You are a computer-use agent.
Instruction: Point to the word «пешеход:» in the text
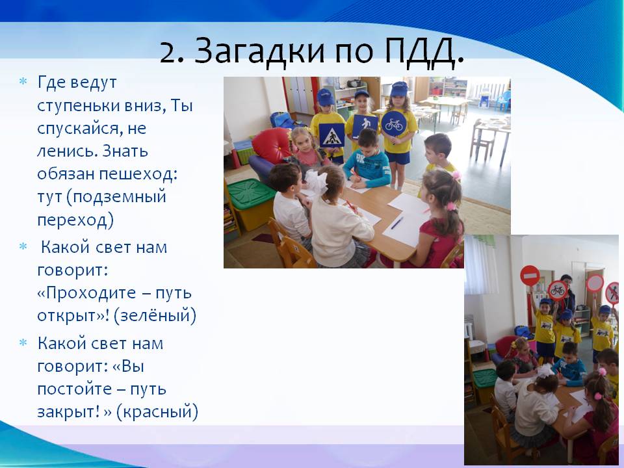point(138,175)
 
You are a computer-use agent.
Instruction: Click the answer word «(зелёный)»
point(155,315)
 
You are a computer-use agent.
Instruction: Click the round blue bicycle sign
point(393,123)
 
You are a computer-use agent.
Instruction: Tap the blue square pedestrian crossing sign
point(331,136)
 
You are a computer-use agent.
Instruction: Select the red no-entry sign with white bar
point(530,276)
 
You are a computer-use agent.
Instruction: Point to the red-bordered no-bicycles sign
point(557,291)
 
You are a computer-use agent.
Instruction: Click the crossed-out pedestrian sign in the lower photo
point(613,292)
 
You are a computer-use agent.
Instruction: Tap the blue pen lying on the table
point(396,222)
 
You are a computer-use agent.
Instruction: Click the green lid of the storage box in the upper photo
point(251,193)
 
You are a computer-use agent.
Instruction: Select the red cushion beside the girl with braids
point(273,145)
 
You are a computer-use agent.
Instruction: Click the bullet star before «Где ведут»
point(23,82)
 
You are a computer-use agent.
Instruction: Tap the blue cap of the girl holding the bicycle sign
point(399,89)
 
